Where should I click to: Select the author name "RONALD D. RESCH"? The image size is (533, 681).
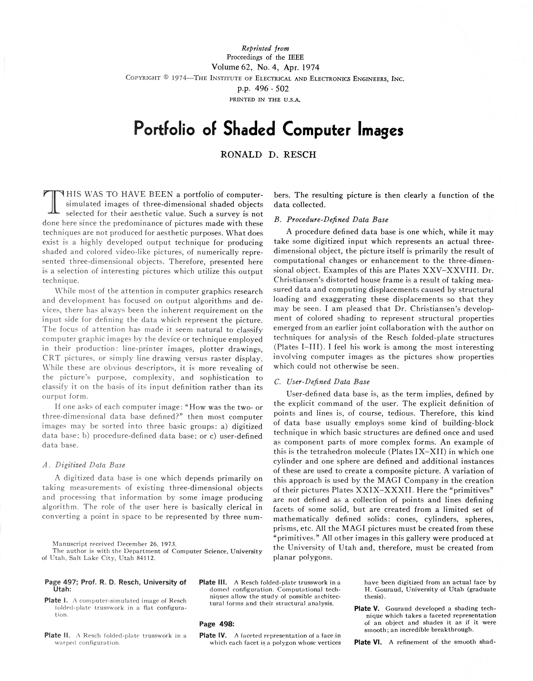pyautogui.click(x=268, y=155)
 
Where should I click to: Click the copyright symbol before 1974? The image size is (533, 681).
pyautogui.click(x=166, y=78)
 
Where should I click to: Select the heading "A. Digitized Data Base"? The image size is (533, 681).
pyautogui.click(x=84, y=465)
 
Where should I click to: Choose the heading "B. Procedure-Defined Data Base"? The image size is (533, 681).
pyautogui.click(x=331, y=220)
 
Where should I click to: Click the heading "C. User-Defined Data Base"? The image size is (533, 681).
pyautogui.click(x=321, y=382)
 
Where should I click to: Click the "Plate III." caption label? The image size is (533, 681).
pyautogui.click(x=213, y=582)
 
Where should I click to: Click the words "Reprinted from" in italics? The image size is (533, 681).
pyautogui.click(x=265, y=48)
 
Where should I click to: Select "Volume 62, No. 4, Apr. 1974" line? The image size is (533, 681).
pyautogui.click(x=265, y=67)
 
